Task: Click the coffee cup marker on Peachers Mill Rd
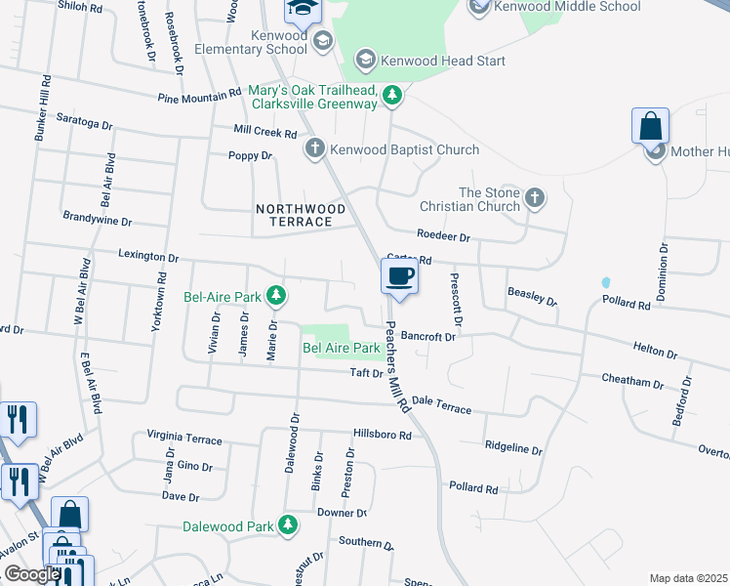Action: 398,276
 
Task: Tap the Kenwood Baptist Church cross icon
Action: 314,148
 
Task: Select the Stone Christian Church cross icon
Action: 534,198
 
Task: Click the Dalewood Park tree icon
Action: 287,525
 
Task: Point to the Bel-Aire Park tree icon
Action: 276,295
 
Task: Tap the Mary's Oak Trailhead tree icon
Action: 391,95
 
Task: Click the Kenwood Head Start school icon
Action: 365,61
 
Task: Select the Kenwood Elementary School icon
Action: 322,41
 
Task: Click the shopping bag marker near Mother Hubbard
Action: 650,127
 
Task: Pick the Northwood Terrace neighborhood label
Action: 301,216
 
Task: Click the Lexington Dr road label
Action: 148,258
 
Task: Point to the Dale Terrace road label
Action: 441,404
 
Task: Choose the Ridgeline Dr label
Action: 512,447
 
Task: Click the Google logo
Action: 31,574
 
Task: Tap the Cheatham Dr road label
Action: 632,379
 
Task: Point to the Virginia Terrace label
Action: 183,438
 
